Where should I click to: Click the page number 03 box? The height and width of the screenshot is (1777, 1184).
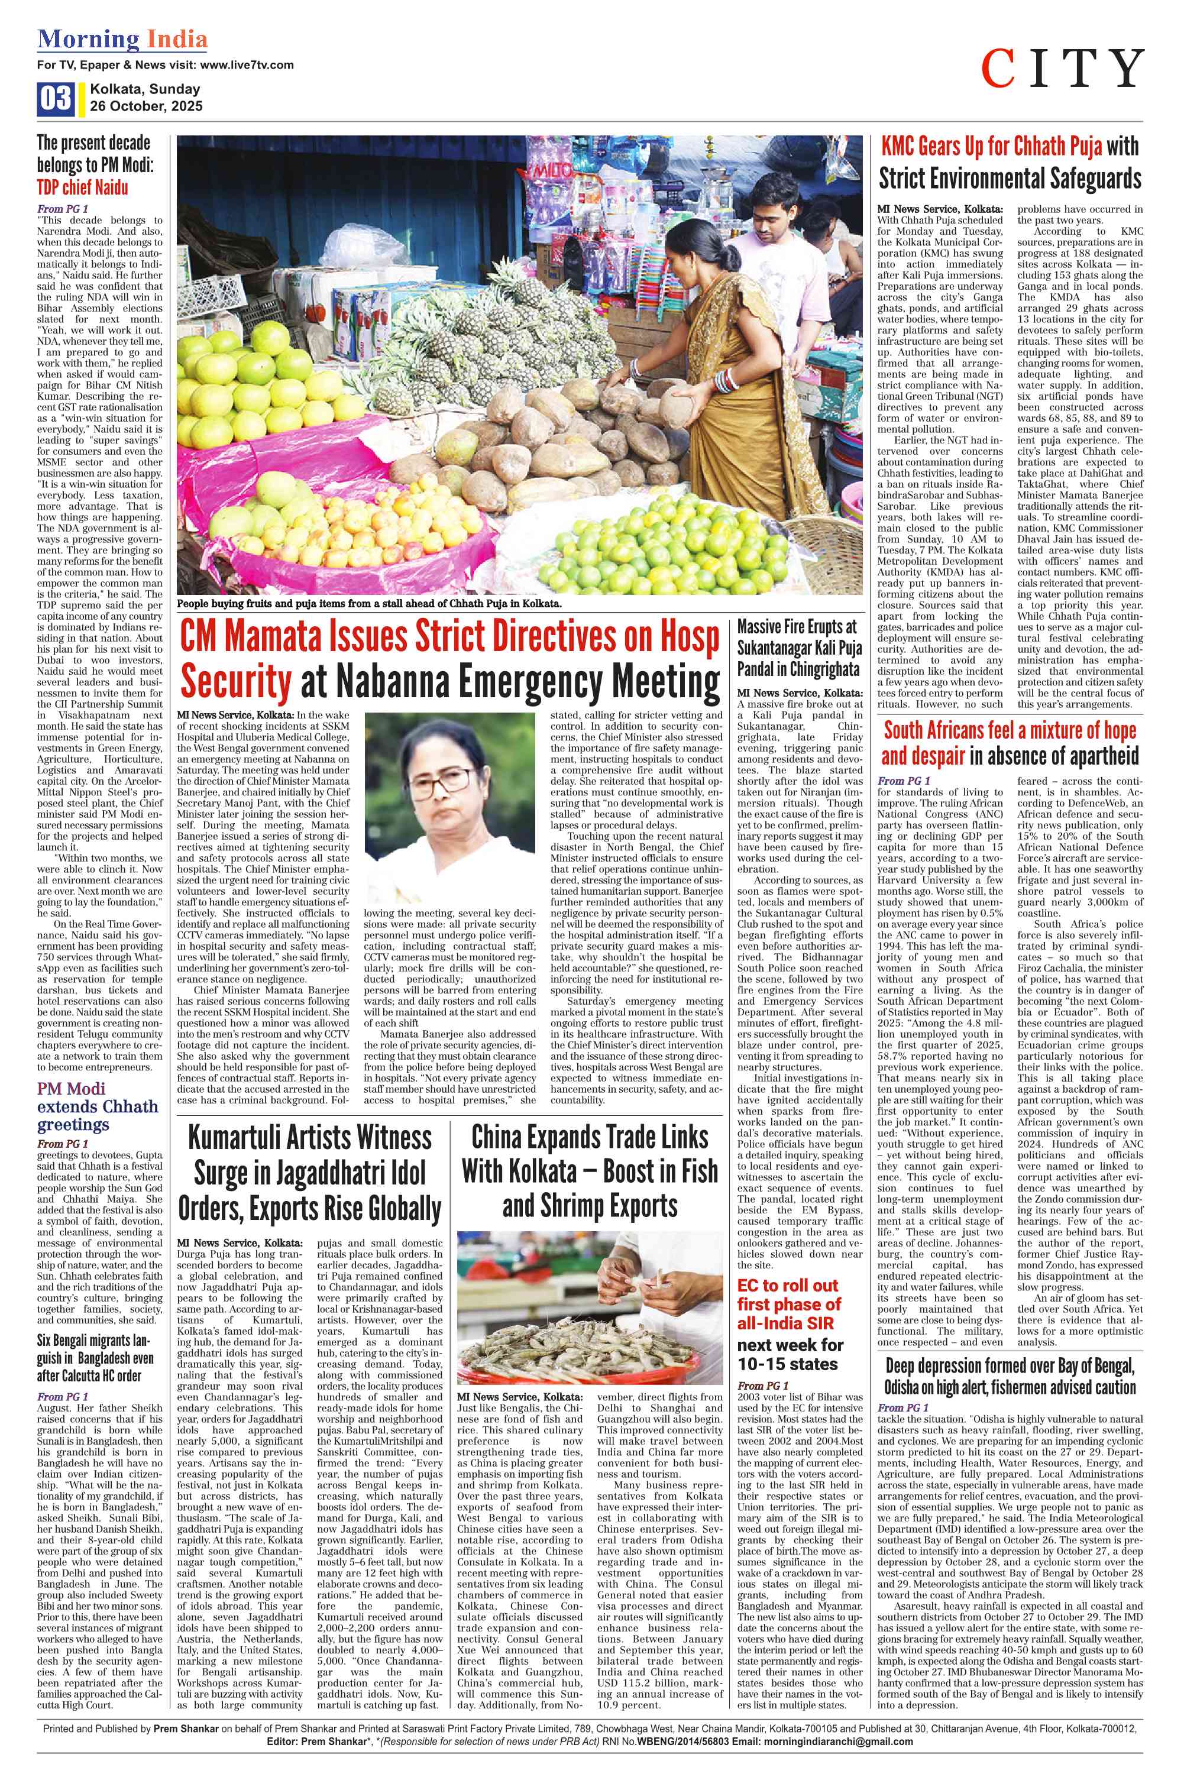tap(54, 99)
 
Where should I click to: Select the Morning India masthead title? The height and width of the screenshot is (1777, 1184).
tap(122, 39)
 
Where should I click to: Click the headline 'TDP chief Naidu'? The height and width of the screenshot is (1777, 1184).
tap(82, 188)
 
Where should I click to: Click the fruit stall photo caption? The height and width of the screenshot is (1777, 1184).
tap(370, 604)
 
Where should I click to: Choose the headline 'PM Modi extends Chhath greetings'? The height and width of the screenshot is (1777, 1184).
tap(98, 1106)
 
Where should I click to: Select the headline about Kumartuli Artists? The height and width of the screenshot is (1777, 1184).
tap(309, 1173)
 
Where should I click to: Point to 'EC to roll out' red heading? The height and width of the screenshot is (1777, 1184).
tap(788, 1285)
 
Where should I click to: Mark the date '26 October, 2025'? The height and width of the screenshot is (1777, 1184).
tap(145, 106)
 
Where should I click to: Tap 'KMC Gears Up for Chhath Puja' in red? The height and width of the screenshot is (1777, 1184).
tap(991, 147)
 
